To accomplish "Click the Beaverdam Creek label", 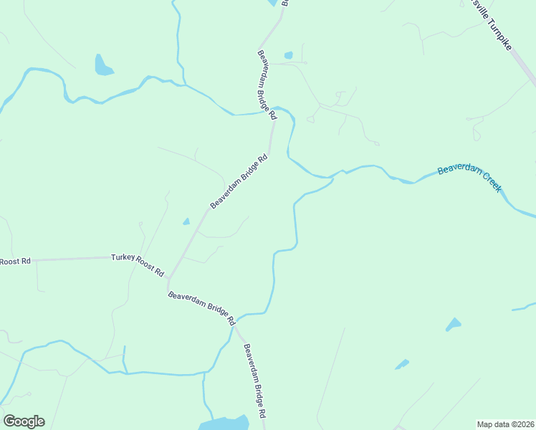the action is tap(469, 178).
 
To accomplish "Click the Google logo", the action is tap(24, 421).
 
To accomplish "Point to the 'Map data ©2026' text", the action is tap(506, 424).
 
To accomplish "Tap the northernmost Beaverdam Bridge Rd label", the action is tap(267, 84).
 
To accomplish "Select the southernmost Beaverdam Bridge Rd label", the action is tap(254, 381).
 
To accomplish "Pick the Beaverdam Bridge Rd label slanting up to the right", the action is tap(239, 182).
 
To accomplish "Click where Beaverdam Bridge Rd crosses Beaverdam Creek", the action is tap(273, 112).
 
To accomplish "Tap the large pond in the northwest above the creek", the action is tap(103, 65).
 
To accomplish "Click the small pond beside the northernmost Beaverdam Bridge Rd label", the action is tap(288, 55).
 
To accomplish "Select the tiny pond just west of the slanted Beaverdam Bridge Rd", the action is tap(186, 221).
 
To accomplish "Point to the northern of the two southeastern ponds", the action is tap(453, 325).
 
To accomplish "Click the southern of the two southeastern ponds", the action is tap(402, 365).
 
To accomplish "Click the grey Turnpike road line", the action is tap(524, 68).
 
